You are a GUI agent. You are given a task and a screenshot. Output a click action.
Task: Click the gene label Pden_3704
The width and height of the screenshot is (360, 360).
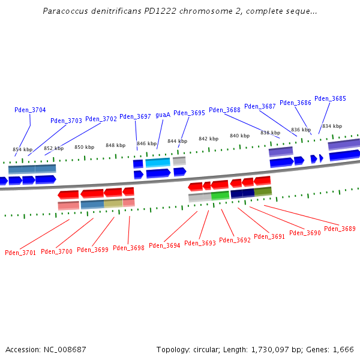pyautogui.click(x=30, y=110)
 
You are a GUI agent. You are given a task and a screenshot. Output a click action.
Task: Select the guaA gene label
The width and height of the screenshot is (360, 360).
pyautogui.click(x=163, y=115)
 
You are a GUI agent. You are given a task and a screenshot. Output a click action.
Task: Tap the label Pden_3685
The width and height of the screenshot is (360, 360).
pyautogui.click(x=330, y=98)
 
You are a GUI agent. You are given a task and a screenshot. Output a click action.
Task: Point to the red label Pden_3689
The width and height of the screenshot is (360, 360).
pyautogui.click(x=340, y=229)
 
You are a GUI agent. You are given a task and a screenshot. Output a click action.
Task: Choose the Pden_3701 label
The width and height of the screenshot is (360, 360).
pyautogui.click(x=20, y=253)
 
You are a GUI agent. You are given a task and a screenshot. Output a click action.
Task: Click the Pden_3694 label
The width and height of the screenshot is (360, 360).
pyautogui.click(x=164, y=245)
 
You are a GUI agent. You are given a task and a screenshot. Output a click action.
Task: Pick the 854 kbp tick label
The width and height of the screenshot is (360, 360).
pyautogui.click(x=23, y=149)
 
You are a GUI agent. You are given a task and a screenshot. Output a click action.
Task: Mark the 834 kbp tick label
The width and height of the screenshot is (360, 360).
pyautogui.click(x=332, y=126)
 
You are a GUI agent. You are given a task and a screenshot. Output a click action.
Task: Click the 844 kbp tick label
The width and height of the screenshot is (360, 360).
pyautogui.click(x=177, y=141)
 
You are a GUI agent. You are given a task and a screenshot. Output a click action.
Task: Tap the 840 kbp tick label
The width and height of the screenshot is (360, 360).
pyautogui.click(x=239, y=136)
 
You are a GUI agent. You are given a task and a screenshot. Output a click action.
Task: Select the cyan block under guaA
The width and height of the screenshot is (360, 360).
pyautogui.click(x=158, y=163)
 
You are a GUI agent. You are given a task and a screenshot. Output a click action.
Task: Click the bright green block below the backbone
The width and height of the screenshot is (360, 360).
pyautogui.click(x=220, y=196)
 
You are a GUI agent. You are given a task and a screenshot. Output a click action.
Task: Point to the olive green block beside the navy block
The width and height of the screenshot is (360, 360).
pyautogui.click(x=263, y=192)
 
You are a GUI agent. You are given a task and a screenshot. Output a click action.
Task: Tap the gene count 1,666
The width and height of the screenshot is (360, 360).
pyautogui.click(x=343, y=349)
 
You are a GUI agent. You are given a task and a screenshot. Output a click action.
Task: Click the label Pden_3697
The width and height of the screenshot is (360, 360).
pyautogui.click(x=135, y=116)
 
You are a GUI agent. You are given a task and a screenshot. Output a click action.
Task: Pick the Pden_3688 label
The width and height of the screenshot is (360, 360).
pyautogui.click(x=225, y=110)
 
